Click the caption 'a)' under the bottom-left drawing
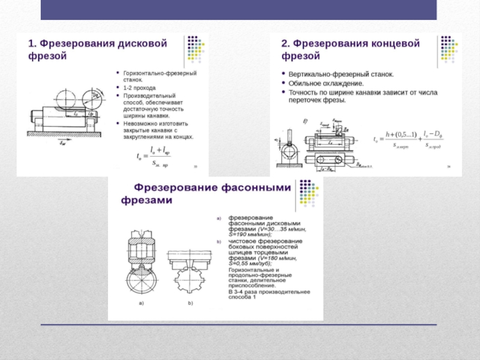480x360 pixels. point(142,304)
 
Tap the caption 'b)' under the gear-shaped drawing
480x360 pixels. point(190,304)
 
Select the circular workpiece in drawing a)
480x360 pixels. point(142,280)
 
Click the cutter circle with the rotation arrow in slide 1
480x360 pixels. point(93,96)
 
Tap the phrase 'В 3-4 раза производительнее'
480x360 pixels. point(268,292)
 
